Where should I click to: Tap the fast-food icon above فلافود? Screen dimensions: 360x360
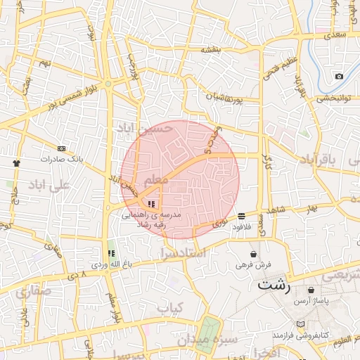242,216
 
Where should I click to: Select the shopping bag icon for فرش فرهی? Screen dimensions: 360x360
253,254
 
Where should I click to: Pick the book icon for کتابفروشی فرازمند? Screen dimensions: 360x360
302,325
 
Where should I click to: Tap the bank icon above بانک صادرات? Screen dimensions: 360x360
61,148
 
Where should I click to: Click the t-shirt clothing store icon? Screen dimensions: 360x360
16,162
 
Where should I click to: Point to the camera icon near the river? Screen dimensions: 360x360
339,75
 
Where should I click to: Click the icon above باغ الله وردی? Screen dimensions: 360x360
110,253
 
